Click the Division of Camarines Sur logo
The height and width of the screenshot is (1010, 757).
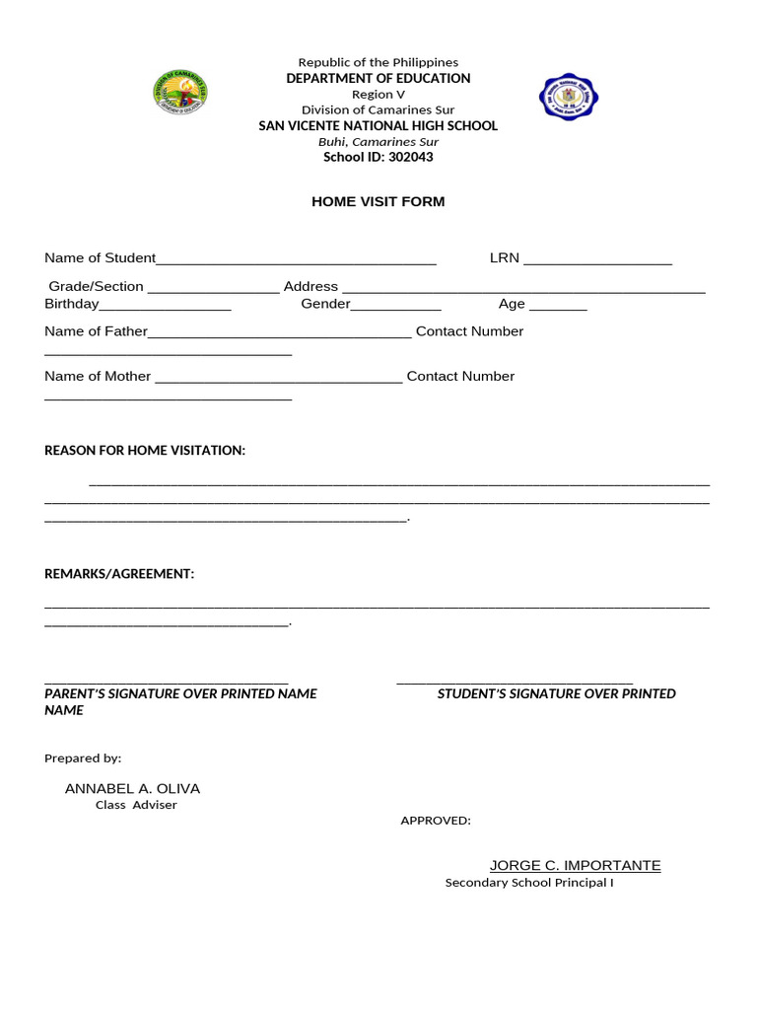point(180,92)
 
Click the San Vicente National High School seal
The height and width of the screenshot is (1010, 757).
point(569,97)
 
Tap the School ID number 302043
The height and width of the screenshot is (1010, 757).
point(410,157)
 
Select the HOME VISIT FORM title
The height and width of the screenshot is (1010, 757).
point(378,201)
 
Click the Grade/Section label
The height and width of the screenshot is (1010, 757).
point(97,286)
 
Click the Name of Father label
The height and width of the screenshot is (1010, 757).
point(96,331)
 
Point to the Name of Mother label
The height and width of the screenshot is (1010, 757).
point(98,376)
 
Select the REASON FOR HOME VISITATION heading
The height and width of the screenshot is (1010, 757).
point(145,451)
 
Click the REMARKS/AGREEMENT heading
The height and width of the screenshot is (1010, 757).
point(119,574)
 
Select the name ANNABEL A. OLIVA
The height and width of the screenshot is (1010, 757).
point(132,789)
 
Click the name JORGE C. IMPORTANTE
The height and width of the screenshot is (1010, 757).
point(576,866)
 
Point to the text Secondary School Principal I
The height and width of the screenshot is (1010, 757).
point(529,883)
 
